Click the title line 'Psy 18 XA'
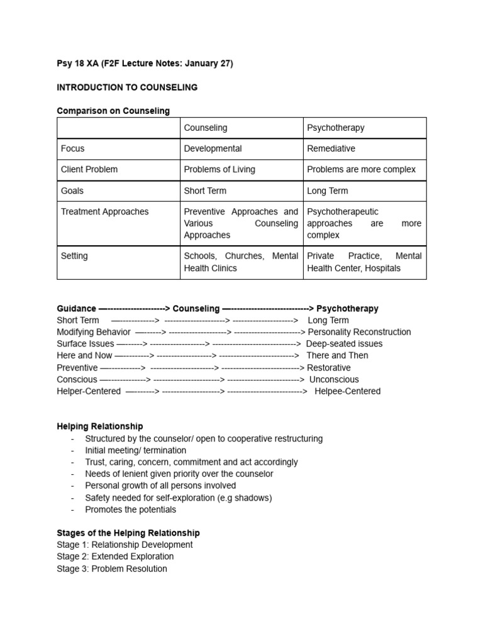[x=145, y=64]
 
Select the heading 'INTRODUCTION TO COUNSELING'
[x=127, y=87]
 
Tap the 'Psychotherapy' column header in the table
[x=335, y=128]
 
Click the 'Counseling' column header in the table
[x=205, y=128]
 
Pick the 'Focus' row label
[x=72, y=148]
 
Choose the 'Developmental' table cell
[x=213, y=148]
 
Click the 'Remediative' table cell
[x=331, y=148]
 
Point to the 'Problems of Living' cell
[x=219, y=169]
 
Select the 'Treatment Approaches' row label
[x=104, y=211]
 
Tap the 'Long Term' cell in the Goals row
[x=327, y=191]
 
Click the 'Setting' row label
[x=74, y=256]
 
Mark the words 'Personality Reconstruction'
[x=359, y=332]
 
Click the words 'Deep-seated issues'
[x=344, y=344]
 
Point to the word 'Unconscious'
[x=334, y=379]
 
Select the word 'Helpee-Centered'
[x=347, y=391]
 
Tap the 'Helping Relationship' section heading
[x=99, y=426]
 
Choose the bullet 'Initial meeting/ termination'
[x=136, y=450]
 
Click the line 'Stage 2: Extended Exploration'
[x=115, y=557]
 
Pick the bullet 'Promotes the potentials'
[x=131, y=509]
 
